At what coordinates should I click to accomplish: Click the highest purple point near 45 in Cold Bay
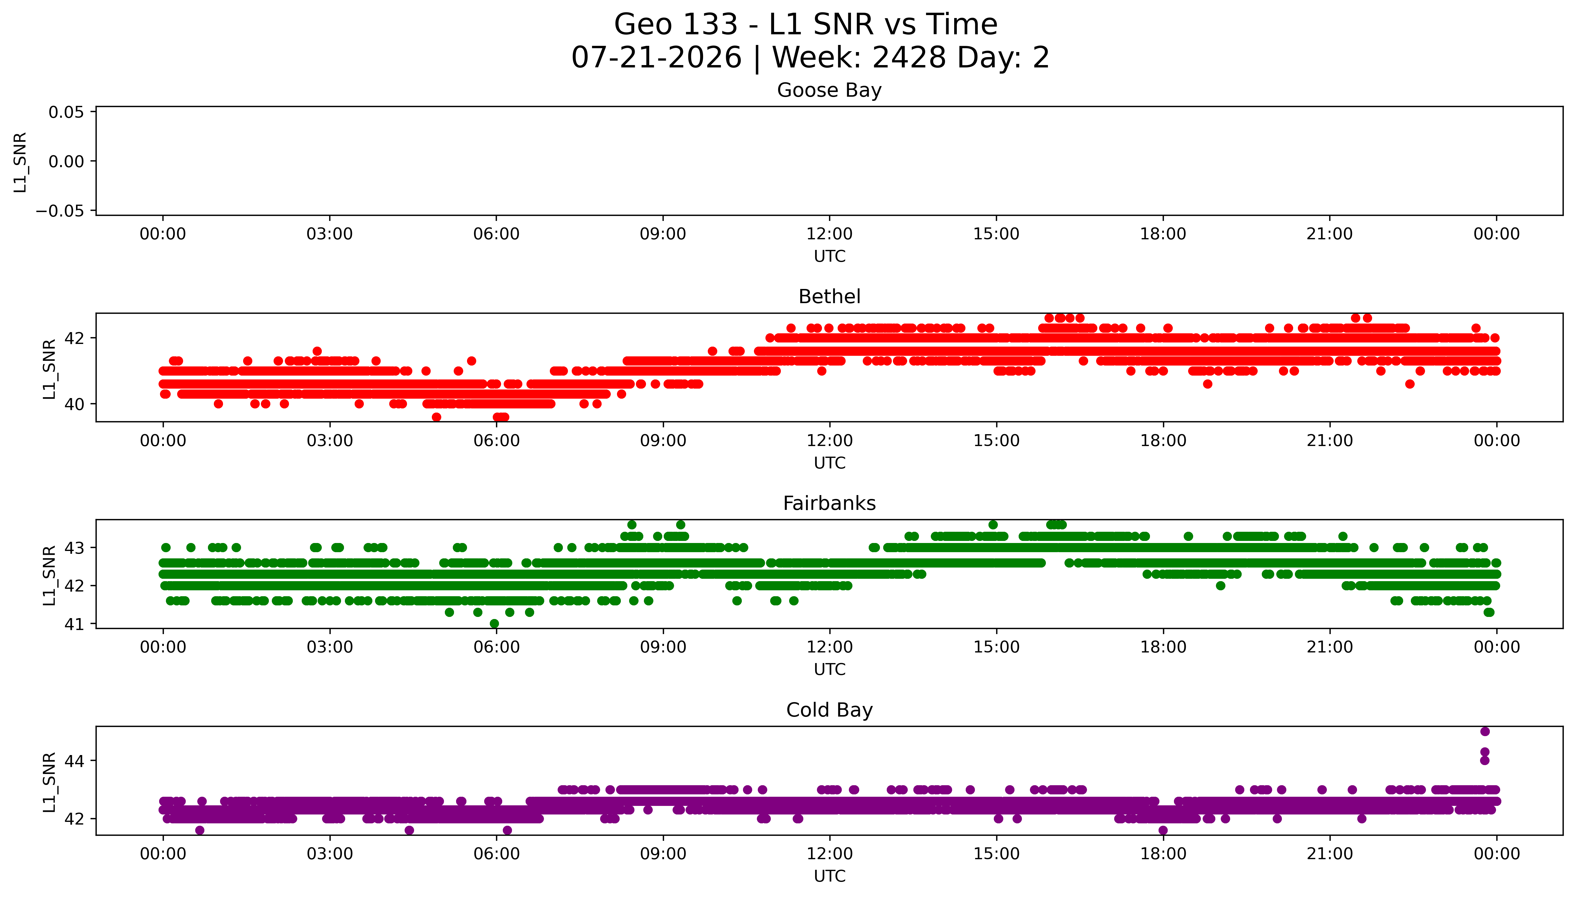point(1484,731)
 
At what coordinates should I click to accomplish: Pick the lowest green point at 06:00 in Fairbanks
point(494,623)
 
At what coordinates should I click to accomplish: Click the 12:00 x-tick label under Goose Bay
point(829,234)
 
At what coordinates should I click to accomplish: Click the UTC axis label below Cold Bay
point(829,876)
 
